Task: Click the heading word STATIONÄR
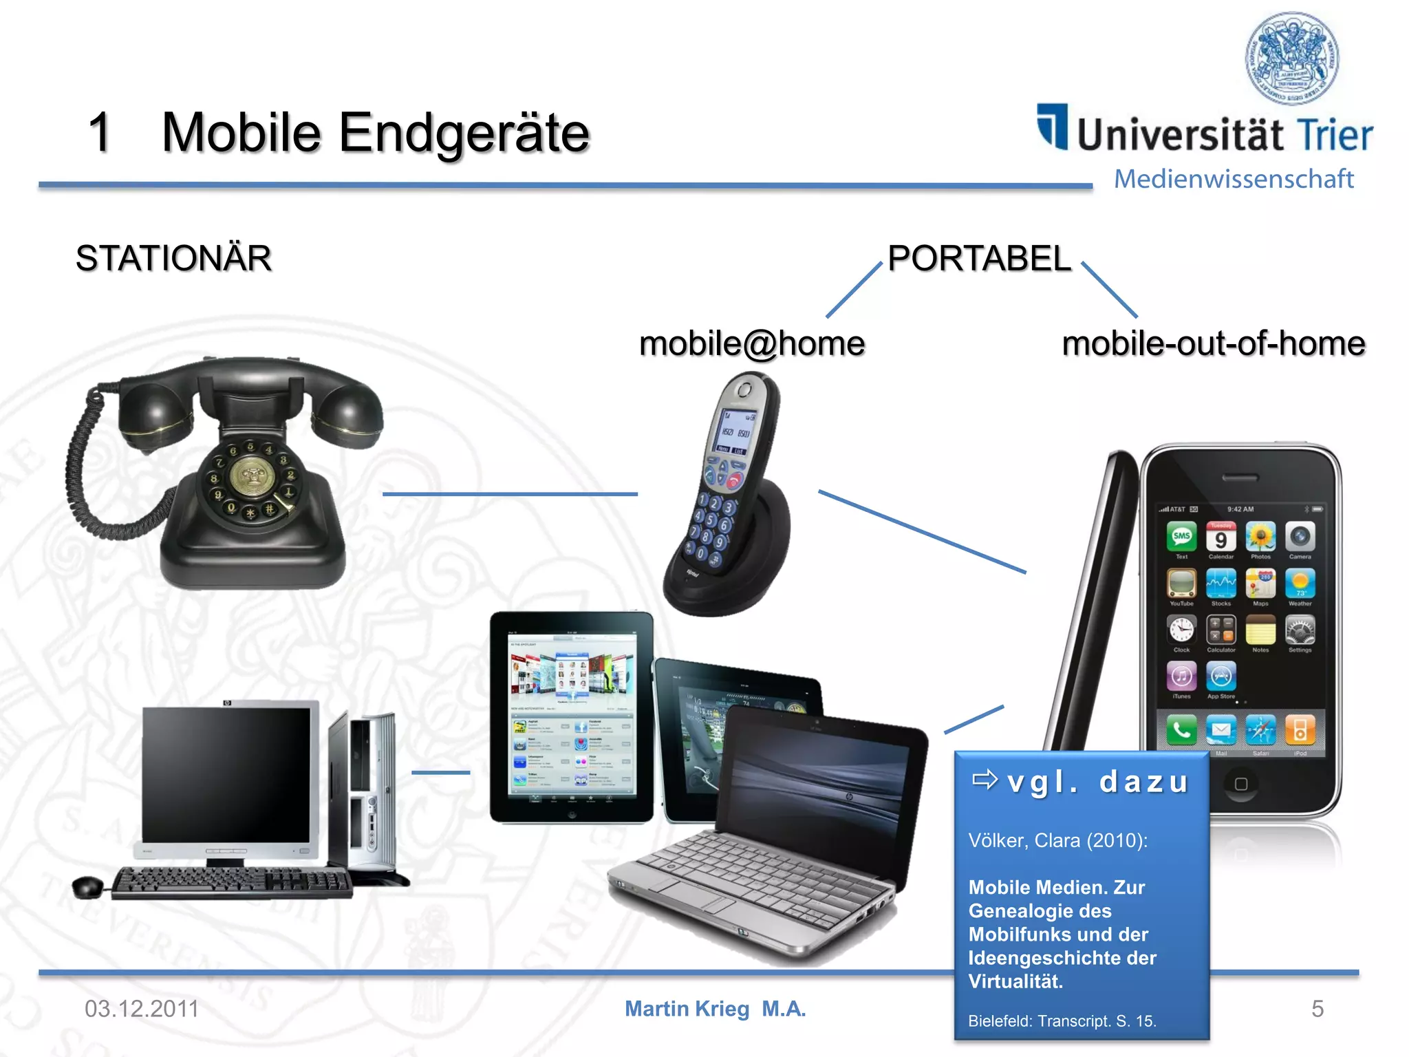tap(173, 259)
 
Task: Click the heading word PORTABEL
tap(979, 259)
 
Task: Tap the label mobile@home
tap(751, 343)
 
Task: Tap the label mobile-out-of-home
tap(1213, 343)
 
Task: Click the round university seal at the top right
tap(1292, 58)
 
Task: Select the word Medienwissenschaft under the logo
tap(1233, 179)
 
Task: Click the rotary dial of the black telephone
tap(252, 477)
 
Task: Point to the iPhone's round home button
tap(1240, 784)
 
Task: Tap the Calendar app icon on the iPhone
tap(1220, 537)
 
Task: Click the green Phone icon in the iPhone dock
tap(1181, 730)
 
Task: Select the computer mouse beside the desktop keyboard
tap(87, 886)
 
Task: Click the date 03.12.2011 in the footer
tap(141, 1009)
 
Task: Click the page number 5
tap(1317, 1009)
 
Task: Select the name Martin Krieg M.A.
tap(715, 1009)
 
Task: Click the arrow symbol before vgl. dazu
tap(985, 780)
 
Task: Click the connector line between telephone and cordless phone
tap(509, 493)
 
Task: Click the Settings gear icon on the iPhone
tap(1299, 630)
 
